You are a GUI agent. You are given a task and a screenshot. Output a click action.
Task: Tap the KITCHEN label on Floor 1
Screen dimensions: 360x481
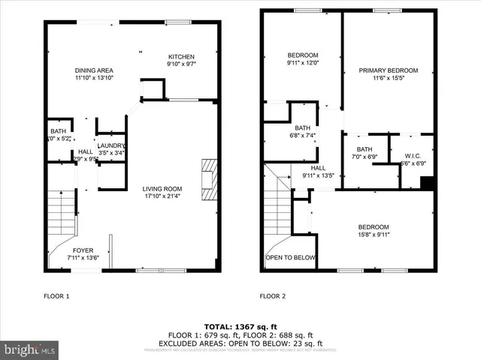181,57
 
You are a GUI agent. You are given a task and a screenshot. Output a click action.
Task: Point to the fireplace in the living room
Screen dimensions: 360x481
208,176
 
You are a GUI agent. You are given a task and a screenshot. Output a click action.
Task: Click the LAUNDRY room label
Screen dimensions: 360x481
111,145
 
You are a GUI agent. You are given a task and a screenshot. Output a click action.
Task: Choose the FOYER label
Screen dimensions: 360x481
83,250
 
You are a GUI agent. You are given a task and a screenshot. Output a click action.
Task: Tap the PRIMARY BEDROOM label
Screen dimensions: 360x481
388,70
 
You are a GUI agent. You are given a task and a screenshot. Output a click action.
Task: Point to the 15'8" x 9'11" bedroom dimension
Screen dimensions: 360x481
374,235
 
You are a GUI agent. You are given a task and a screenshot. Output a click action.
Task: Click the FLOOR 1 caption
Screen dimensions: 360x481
56,296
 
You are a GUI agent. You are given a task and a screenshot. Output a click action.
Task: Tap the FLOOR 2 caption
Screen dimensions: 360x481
273,296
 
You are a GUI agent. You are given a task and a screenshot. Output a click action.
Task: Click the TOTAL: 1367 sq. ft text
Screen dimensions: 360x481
240,327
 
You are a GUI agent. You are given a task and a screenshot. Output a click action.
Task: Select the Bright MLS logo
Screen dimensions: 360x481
29,349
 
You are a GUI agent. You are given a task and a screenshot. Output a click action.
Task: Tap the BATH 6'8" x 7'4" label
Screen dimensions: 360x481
303,131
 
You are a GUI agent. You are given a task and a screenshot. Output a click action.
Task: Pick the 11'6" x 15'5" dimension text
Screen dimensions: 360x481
388,79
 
